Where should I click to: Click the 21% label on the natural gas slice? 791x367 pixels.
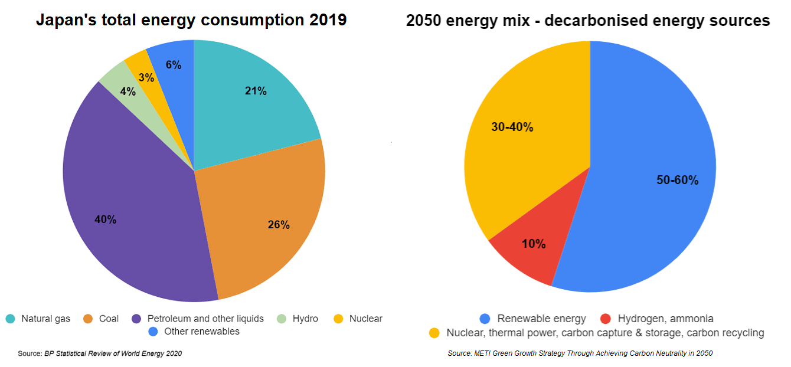(256, 91)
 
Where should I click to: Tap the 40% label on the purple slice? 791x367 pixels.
(106, 219)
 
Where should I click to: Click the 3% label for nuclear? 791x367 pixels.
(146, 77)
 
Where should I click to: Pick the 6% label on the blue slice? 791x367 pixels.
(174, 65)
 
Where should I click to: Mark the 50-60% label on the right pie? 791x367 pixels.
(677, 181)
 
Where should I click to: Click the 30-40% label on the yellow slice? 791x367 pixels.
(512, 127)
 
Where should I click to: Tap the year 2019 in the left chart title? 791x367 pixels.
(327, 21)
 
